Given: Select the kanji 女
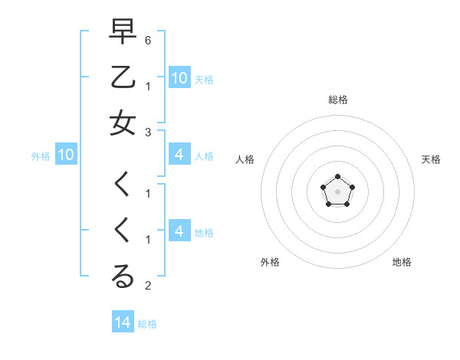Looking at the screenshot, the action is [x=123, y=123].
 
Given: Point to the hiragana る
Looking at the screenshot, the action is [x=123, y=277].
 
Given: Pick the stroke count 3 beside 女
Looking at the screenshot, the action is [x=148, y=133].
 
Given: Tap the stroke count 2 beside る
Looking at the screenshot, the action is [x=148, y=286].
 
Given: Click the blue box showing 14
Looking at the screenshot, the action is [x=123, y=322].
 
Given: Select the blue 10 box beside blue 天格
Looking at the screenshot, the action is [x=179, y=77].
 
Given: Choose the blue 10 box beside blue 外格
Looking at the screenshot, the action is [x=66, y=155].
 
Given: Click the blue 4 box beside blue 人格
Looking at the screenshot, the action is [x=179, y=155].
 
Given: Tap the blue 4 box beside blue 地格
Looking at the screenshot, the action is [x=179, y=231].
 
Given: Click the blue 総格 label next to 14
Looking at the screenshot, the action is [x=147, y=324].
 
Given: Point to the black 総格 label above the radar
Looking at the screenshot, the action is [x=338, y=100].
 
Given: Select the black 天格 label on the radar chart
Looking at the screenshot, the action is [x=431, y=159].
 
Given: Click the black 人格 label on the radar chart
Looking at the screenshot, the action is [x=245, y=159].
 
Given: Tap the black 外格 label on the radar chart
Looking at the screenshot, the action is [x=270, y=262].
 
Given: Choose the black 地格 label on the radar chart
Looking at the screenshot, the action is [x=402, y=262].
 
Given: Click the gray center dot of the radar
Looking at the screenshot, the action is [x=337, y=191].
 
